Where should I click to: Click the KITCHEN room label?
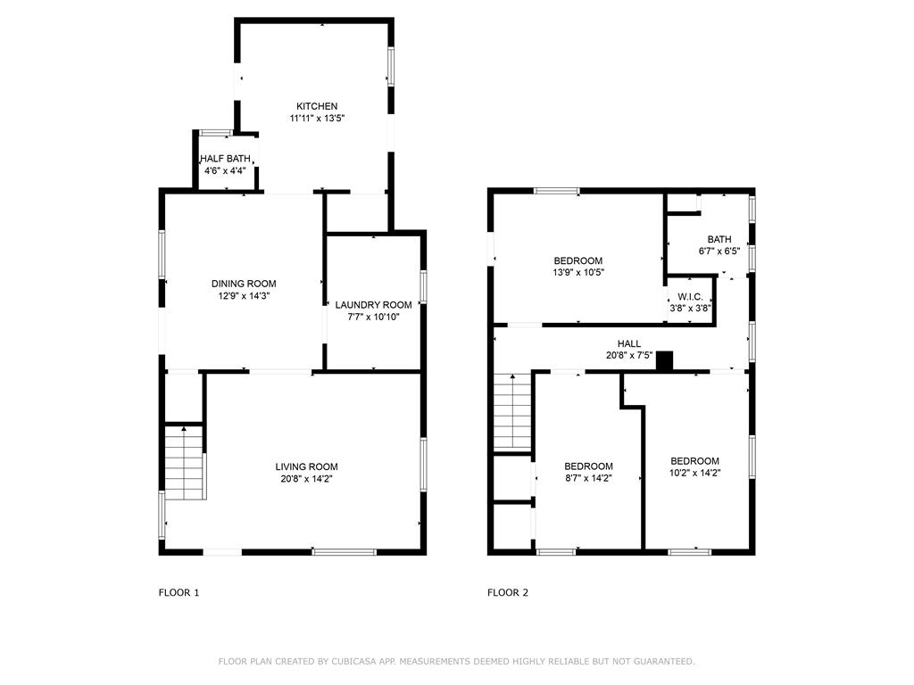(317, 106)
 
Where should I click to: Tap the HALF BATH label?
(225, 158)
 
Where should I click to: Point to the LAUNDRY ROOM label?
(373, 304)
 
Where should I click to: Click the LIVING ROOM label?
(306, 466)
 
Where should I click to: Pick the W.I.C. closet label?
(690, 297)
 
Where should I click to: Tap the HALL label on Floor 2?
(629, 343)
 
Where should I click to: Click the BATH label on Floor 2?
(719, 239)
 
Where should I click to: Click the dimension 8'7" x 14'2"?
(588, 478)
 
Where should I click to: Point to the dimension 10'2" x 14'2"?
(694, 473)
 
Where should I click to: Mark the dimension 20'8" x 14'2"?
(306, 479)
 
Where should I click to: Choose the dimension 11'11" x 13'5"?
(317, 118)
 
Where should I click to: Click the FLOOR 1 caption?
(179, 592)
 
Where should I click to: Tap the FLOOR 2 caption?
(508, 592)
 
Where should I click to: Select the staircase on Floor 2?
(513, 412)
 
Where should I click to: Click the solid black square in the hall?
(664, 360)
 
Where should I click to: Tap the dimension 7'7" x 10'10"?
(373, 317)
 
